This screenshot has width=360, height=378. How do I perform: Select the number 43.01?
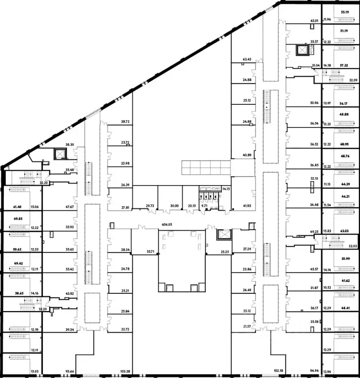tap(314, 21)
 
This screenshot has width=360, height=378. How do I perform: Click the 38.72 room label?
tap(125, 122)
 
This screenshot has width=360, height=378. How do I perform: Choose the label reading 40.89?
tap(247, 155)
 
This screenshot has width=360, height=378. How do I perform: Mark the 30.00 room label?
tap(173, 206)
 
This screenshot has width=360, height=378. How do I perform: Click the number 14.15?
tap(226, 189)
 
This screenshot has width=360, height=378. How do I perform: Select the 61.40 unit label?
tap(18, 207)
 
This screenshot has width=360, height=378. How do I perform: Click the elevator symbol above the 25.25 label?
tap(224, 234)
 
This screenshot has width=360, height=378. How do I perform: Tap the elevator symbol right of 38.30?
tap(60, 154)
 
